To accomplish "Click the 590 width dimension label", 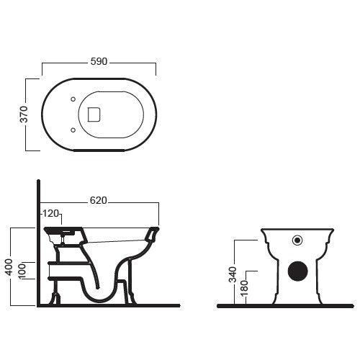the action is tap(99, 62).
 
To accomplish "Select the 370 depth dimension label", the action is tap(24, 114).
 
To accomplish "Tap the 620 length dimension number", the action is tap(99, 200).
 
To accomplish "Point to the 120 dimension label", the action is tap(51, 213).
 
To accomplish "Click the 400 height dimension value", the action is tap(9, 267).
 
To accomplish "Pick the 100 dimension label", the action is tap(22, 271).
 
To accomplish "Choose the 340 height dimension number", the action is tap(233, 274).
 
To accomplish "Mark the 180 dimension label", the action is tap(244, 288).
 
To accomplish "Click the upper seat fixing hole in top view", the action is tap(73, 99).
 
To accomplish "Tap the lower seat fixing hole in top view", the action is tap(73, 130).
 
